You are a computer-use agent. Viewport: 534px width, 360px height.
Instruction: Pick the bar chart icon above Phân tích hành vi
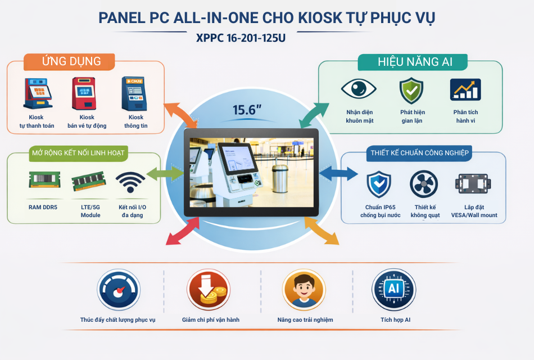click(465, 90)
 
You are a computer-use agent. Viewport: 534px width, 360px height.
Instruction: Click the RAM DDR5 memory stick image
click(44, 180)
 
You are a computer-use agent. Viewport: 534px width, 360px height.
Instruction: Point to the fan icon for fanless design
click(424, 184)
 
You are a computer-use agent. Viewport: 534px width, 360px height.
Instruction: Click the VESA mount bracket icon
click(474, 184)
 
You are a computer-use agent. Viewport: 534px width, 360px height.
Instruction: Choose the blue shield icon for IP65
click(379, 184)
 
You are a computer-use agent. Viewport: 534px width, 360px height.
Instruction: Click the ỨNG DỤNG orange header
click(72, 61)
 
